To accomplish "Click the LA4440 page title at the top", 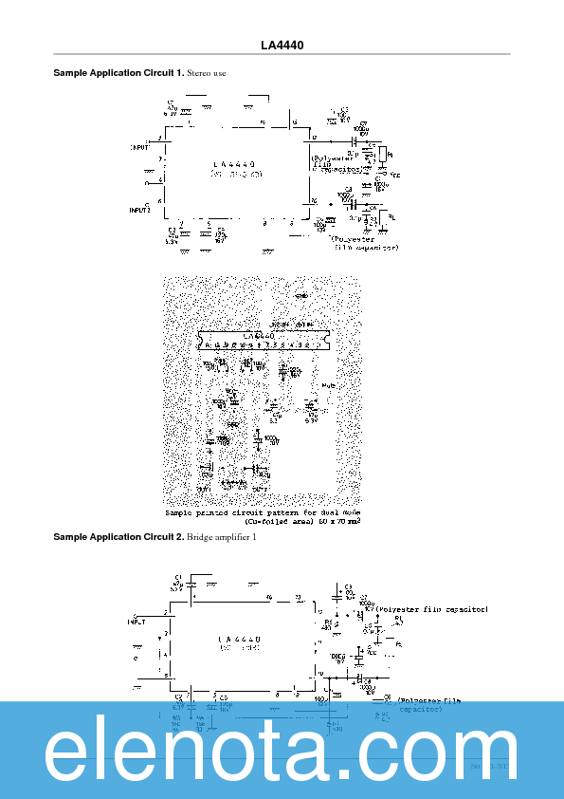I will pos(282,45).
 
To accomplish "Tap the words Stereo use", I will pos(207,73).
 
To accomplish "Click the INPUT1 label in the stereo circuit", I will pos(140,147).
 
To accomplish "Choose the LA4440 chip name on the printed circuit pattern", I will pos(257,336).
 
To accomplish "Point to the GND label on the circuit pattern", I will pos(301,297).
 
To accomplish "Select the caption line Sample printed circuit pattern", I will pos(262,512).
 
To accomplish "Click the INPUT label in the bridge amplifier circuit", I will pos(136,621).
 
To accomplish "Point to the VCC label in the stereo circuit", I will pos(395,176).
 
